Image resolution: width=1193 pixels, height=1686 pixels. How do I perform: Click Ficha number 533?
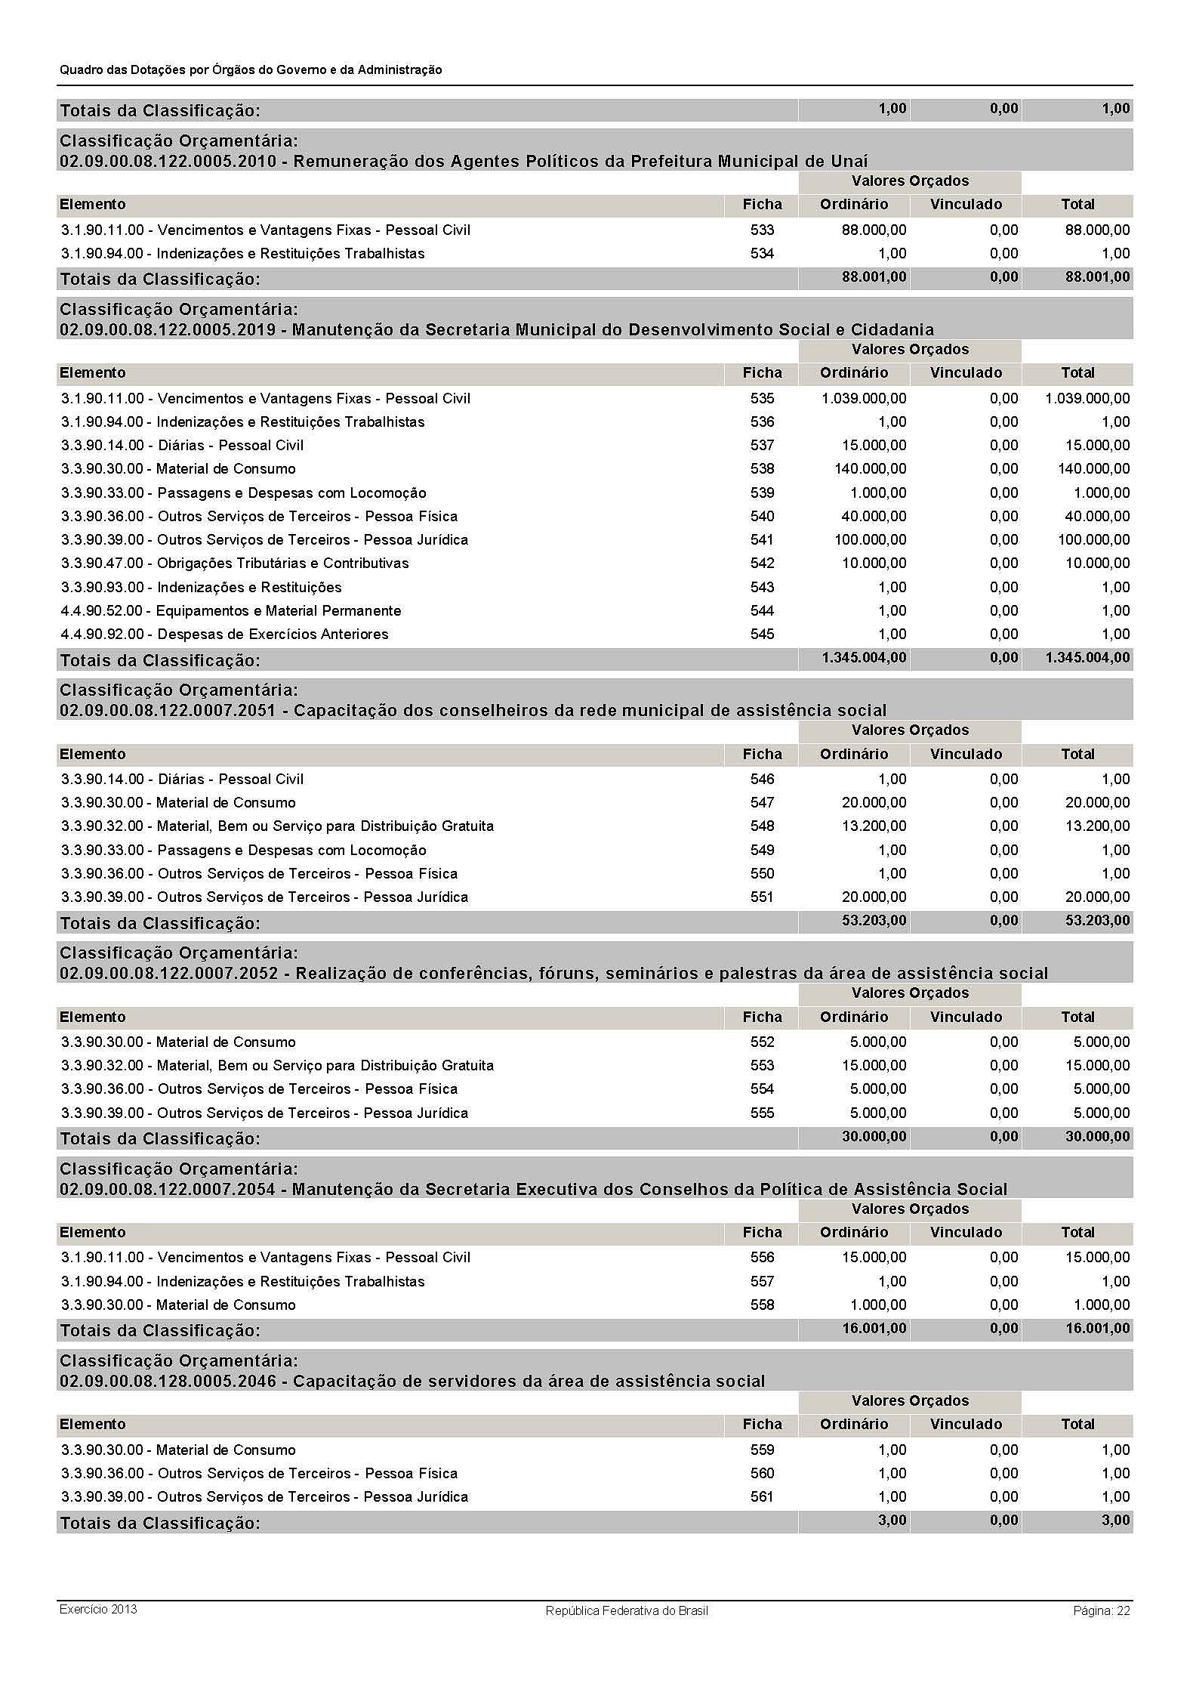click(x=762, y=230)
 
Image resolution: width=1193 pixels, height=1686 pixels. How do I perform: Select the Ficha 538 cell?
click(x=762, y=468)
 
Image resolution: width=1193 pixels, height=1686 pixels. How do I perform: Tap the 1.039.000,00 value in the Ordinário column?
click(x=864, y=398)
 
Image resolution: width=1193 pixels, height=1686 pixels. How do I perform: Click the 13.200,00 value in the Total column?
click(x=1097, y=826)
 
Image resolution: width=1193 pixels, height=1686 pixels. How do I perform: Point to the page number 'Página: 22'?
click(x=1101, y=1610)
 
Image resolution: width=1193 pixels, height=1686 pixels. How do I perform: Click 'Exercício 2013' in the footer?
click(x=98, y=1608)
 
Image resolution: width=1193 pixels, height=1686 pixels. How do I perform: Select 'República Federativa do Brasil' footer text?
click(x=627, y=1610)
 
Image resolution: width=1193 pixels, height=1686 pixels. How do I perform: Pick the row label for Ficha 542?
click(x=235, y=563)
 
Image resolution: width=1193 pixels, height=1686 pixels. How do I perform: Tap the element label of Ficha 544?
click(x=231, y=610)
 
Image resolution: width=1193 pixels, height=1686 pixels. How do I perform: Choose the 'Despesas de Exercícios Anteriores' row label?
click(x=225, y=634)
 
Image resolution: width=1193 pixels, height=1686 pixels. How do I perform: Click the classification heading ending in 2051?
click(x=473, y=710)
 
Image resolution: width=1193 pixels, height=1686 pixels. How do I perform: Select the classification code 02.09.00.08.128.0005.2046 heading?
click(x=412, y=1381)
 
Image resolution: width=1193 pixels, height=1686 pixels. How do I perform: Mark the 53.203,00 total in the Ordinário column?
click(x=874, y=921)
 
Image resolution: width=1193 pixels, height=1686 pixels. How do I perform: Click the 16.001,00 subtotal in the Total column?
click(x=1097, y=1328)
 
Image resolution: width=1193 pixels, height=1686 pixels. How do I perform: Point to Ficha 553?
click(x=762, y=1065)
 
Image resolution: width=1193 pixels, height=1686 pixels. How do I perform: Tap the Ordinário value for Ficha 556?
click(x=874, y=1257)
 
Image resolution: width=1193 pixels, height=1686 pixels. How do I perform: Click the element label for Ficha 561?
click(x=264, y=1496)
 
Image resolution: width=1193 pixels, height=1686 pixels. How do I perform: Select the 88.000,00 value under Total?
click(x=1097, y=230)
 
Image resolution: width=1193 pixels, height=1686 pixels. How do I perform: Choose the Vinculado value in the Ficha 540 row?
click(x=1003, y=516)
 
